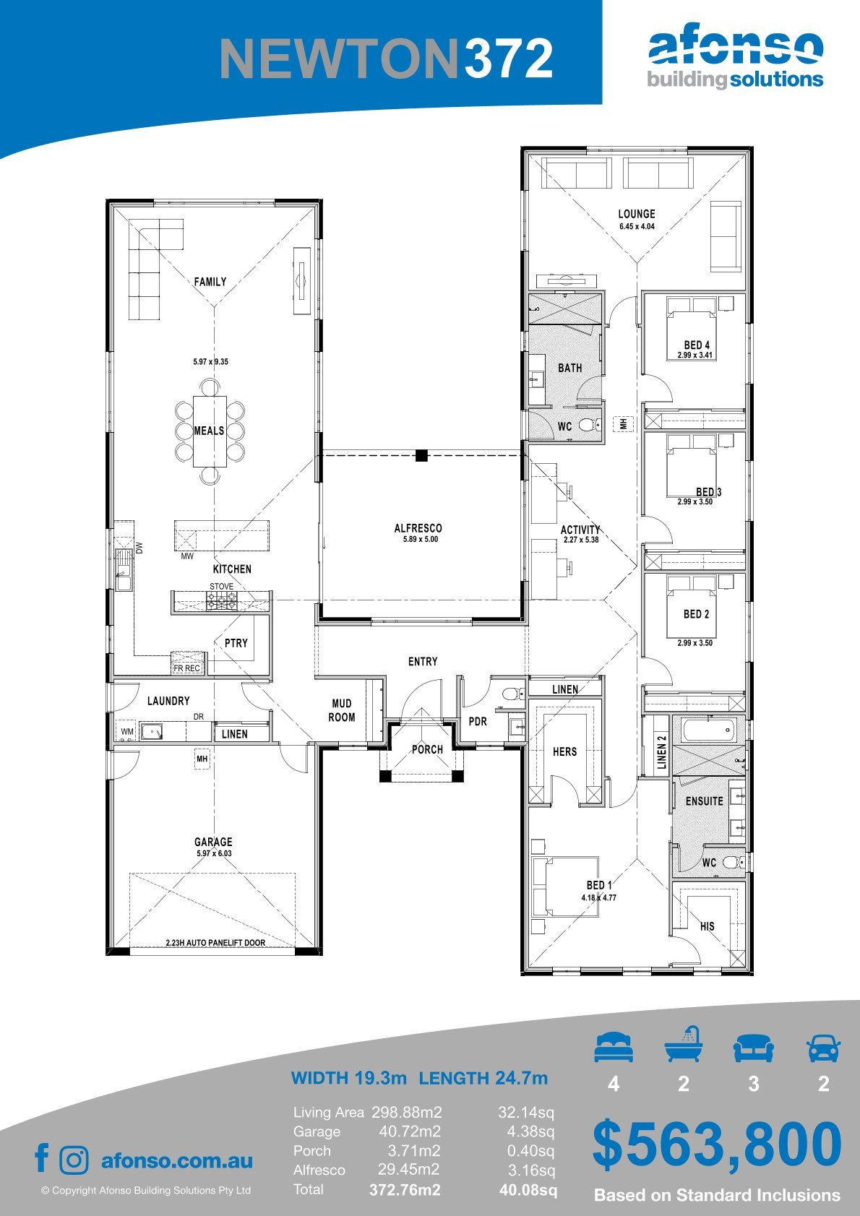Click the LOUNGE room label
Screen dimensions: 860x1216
pyautogui.click(x=636, y=214)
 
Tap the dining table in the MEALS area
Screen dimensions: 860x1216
pyautogui.click(x=210, y=431)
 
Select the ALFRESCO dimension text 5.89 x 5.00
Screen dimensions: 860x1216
pyautogui.click(x=420, y=539)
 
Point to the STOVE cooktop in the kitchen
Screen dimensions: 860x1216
pyautogui.click(x=221, y=601)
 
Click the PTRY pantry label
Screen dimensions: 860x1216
pyautogui.click(x=236, y=643)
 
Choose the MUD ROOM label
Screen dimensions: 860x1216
pyautogui.click(x=342, y=710)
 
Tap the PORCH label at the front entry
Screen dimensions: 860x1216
pyautogui.click(x=427, y=750)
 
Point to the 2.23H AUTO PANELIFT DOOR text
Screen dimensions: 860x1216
pyautogui.click(x=215, y=943)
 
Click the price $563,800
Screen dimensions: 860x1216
pyautogui.click(x=717, y=1144)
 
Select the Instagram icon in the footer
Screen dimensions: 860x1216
pyautogui.click(x=74, y=1160)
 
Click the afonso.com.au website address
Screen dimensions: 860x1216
pyautogui.click(x=177, y=1160)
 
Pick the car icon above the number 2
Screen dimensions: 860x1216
pyautogui.click(x=824, y=1047)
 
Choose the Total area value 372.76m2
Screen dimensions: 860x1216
pyautogui.click(x=405, y=1190)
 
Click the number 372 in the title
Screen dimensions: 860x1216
pyautogui.click(x=509, y=59)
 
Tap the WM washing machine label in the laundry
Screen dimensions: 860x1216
pyautogui.click(x=127, y=731)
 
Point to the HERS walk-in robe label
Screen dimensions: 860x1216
pyautogui.click(x=564, y=751)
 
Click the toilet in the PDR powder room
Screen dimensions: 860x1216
pyautogui.click(x=512, y=693)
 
